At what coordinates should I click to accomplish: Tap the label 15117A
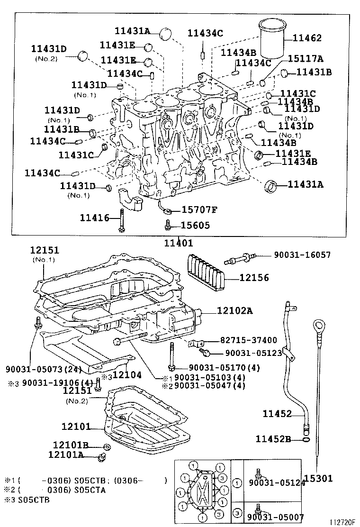(x=306, y=59)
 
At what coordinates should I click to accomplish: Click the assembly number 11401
(x=179, y=243)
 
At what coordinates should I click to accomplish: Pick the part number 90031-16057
(x=302, y=255)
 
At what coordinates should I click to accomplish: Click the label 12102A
(x=235, y=311)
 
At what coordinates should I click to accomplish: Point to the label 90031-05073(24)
(x=44, y=370)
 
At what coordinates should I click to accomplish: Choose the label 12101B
(x=71, y=445)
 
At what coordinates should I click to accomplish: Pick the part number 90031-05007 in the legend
(x=275, y=517)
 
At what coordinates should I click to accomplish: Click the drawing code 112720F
(x=343, y=522)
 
